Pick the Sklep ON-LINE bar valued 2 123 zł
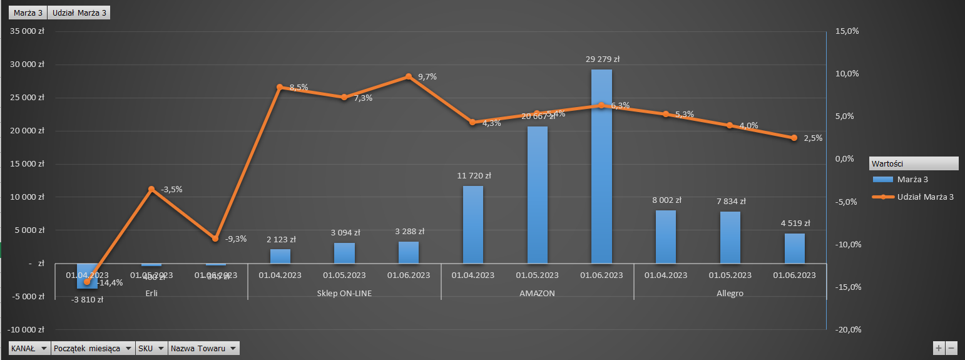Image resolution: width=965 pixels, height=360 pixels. click(x=280, y=256)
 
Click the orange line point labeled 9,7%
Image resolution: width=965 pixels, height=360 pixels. click(x=409, y=76)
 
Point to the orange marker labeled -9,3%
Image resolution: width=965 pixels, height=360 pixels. click(x=215, y=239)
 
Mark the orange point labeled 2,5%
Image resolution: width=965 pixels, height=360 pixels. click(x=794, y=138)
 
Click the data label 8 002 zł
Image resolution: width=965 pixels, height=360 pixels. click(x=666, y=200)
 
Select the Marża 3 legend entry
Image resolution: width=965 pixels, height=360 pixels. click(x=912, y=180)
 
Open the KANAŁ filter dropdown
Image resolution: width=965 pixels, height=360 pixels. click(x=29, y=348)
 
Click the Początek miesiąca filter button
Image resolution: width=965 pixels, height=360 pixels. click(x=93, y=348)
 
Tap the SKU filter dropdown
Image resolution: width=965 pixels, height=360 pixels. click(x=151, y=348)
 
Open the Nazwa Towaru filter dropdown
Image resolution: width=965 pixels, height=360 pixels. click(x=204, y=348)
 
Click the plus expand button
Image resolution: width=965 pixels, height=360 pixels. click(x=939, y=348)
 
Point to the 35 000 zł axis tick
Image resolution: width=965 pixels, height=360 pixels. click(x=26, y=31)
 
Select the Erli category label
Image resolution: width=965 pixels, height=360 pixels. click(x=151, y=293)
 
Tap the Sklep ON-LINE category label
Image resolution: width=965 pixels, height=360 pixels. click(x=344, y=293)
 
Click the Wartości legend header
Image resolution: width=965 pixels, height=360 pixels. click(x=913, y=163)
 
